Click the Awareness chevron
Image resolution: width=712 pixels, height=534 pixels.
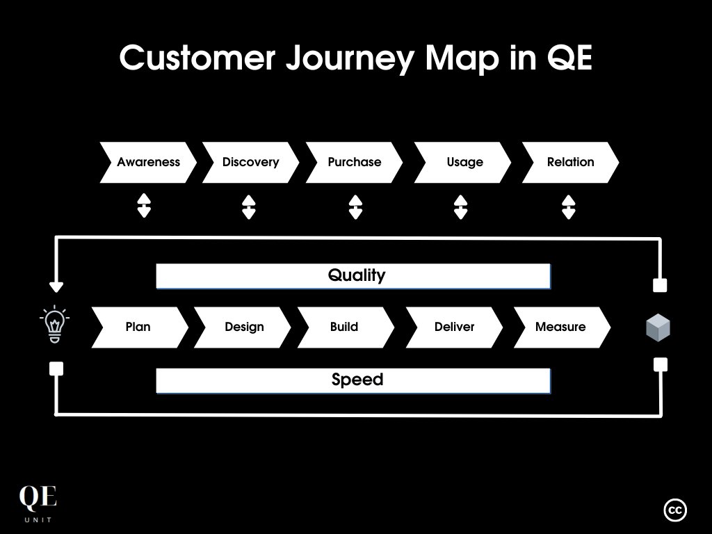(148, 162)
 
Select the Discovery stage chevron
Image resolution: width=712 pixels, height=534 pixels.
(250, 162)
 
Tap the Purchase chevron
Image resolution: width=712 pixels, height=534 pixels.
(354, 162)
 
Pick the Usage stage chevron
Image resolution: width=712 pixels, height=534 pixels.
(463, 162)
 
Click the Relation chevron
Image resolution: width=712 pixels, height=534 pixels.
(570, 162)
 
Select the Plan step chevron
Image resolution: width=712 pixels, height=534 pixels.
(138, 327)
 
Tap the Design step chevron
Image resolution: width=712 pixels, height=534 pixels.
(243, 327)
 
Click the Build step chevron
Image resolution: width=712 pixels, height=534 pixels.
(345, 327)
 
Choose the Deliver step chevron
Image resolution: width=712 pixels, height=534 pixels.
(454, 327)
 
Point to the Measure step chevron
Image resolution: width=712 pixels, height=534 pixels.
(561, 327)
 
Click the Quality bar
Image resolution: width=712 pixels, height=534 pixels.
(353, 276)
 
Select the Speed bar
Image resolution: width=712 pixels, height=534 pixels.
(353, 380)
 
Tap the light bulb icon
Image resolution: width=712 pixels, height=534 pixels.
(55, 324)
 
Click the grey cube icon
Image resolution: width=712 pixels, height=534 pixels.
(658, 327)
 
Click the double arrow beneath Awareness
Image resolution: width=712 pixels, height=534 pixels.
(144, 207)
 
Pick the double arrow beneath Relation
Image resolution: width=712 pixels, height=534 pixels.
(568, 207)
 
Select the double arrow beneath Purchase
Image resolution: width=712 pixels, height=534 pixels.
(355, 207)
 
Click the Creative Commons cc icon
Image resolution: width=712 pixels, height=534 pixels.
(675, 510)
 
